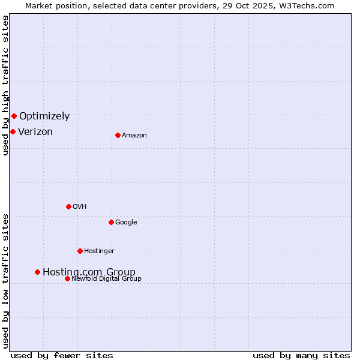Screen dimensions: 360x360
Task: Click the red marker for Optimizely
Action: (14, 116)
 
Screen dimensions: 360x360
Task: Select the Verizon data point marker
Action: (13, 131)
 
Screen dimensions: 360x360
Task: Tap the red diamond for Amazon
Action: (118, 135)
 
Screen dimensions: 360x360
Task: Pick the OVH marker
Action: (68, 206)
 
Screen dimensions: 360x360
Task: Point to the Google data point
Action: (111, 222)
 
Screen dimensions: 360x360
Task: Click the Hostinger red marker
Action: (80, 251)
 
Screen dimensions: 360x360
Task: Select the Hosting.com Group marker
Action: (37, 272)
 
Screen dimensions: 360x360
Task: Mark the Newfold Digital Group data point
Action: (67, 278)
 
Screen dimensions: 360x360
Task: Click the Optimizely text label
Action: (44, 116)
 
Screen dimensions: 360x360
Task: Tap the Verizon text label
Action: (35, 132)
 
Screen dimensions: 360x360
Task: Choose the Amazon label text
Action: (134, 136)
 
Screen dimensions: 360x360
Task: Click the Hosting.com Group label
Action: (89, 272)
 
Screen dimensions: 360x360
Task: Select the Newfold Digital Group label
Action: (106, 279)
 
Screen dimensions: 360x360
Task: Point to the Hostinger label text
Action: (99, 251)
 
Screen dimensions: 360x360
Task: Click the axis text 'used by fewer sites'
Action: (62, 355)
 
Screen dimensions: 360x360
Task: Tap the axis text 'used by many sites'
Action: (301, 355)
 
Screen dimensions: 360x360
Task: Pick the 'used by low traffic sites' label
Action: (5, 280)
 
